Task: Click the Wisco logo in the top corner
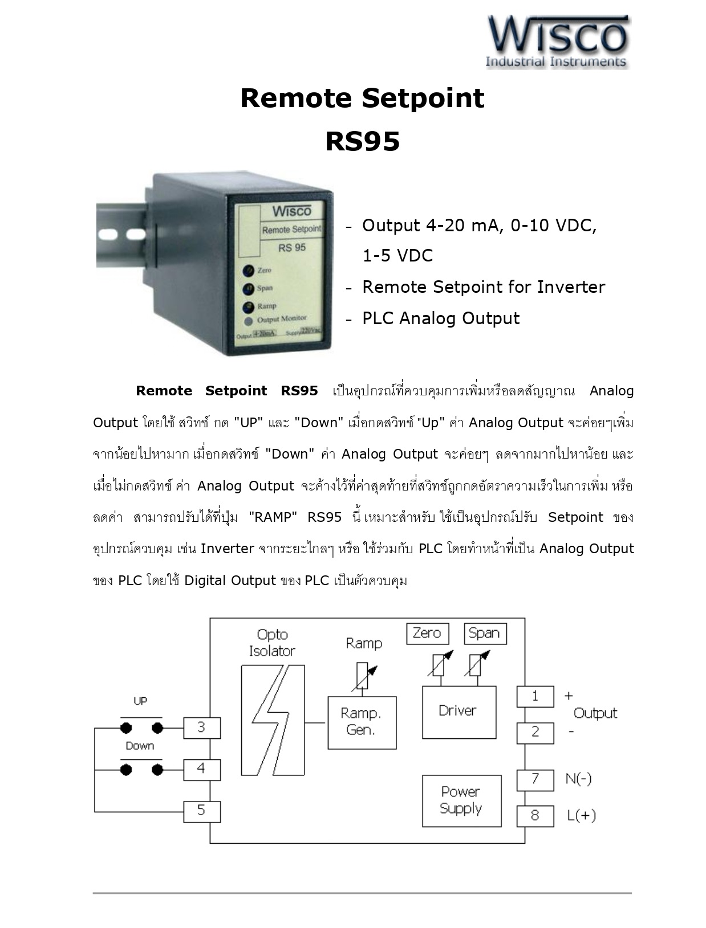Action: (557, 42)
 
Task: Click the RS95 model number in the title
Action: (362, 141)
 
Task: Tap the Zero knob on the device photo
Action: (248, 271)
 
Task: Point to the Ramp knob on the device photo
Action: (248, 307)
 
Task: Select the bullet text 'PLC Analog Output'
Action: (441, 318)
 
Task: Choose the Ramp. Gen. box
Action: (362, 722)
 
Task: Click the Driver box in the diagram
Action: (459, 712)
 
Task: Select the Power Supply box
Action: (461, 800)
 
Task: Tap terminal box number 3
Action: (201, 727)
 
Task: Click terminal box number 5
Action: (201, 811)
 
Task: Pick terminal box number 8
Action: (535, 816)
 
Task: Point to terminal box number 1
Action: (535, 696)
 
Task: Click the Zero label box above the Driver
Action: (427, 633)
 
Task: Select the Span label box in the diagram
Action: (485, 633)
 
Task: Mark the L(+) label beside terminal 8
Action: (581, 816)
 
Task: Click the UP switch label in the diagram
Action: (140, 701)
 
